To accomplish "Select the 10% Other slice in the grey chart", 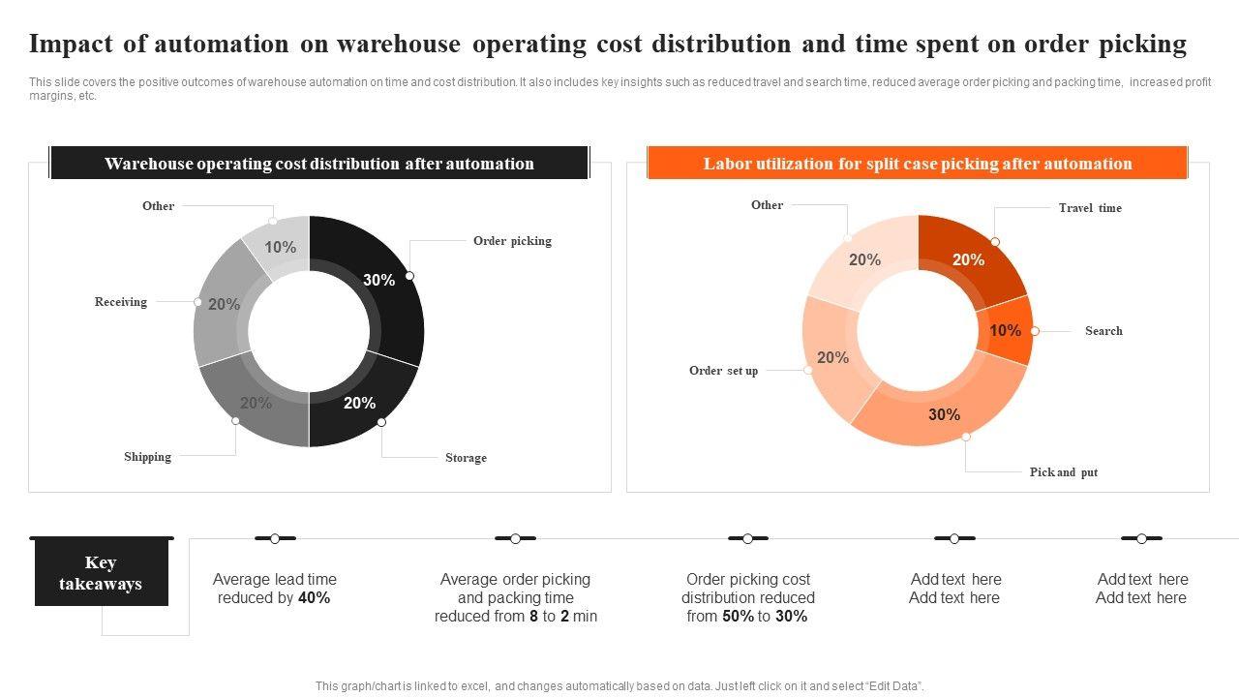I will tap(280, 248).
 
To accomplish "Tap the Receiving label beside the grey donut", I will tap(121, 302).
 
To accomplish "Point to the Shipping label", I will tap(147, 457).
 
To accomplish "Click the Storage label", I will tap(466, 458).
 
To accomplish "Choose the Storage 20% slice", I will tap(359, 403).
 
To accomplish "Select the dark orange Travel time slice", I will tap(968, 259).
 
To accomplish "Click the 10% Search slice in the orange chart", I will tap(1005, 331).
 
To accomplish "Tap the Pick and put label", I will tap(1063, 472).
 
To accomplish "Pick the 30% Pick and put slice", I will tap(944, 414).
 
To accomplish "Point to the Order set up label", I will tap(723, 371).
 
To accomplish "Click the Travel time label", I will tap(1090, 208).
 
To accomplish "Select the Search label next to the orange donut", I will tap(1103, 331).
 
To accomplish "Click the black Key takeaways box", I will tap(101, 573).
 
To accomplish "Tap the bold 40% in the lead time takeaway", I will tap(315, 598).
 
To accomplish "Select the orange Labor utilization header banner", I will tap(917, 164).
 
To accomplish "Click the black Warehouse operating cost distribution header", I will tap(318, 164).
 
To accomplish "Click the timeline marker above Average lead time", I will tap(275, 538).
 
